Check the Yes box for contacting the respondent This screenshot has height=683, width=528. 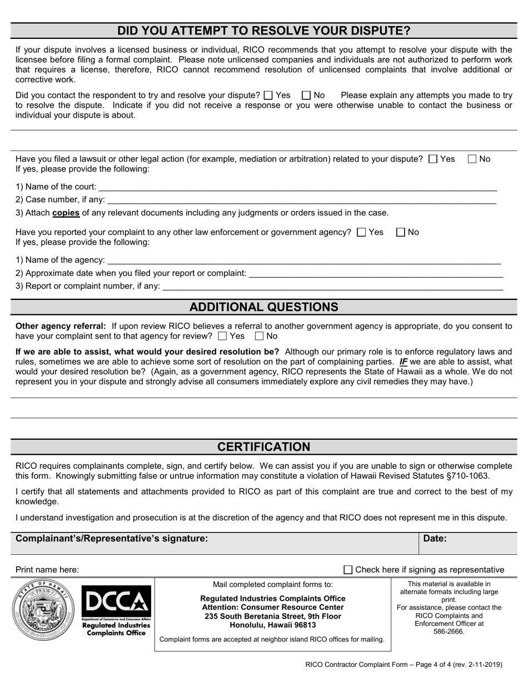(268, 96)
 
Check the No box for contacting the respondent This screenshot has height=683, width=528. (306, 96)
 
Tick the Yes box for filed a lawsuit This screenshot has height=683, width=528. (434, 159)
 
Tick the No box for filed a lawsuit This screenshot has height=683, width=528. (472, 159)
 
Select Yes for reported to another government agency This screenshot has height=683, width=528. (361, 233)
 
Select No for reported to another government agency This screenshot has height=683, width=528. (401, 233)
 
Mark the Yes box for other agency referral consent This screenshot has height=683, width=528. (222, 337)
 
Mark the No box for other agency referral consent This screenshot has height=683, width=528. (259, 337)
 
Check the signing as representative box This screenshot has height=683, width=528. (348, 570)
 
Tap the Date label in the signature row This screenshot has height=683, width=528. (435, 538)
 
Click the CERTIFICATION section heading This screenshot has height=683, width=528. (263, 447)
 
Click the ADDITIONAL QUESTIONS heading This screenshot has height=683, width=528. (263, 307)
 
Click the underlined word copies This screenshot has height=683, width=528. (66, 213)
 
